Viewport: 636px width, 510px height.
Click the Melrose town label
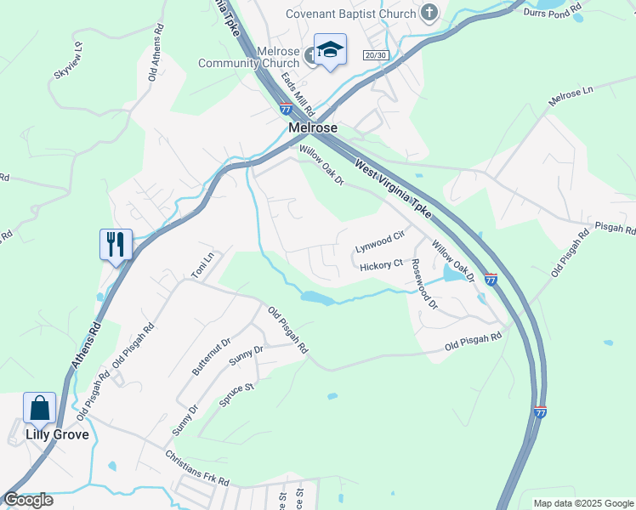[x=313, y=127]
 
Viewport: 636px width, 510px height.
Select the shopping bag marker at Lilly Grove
[x=40, y=408]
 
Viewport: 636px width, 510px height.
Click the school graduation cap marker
[x=329, y=50]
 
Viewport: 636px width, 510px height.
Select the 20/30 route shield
[x=375, y=55]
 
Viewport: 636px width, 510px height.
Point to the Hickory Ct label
[x=381, y=265]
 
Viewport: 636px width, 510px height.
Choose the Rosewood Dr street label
[x=423, y=284]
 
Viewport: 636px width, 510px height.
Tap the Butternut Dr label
[x=211, y=357]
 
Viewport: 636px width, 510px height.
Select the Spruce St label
[x=237, y=399]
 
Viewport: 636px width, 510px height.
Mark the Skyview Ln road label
[x=68, y=60]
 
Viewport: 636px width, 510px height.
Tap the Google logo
[x=28, y=500]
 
